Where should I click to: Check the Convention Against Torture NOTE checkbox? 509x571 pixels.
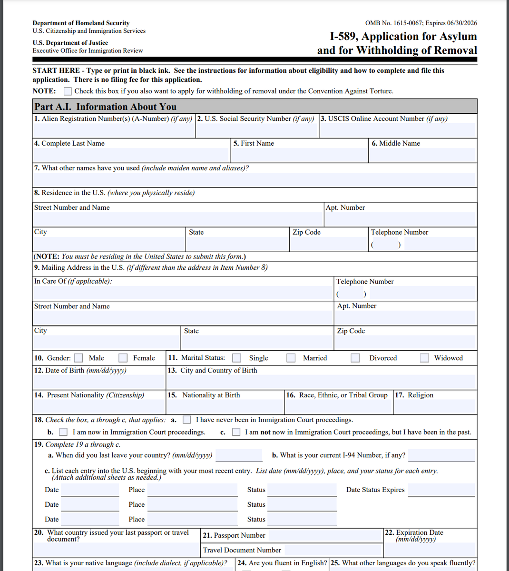(x=68, y=91)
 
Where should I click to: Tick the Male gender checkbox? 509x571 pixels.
(x=79, y=358)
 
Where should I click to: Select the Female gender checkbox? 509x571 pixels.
(x=123, y=358)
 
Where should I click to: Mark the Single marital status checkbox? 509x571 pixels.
(x=236, y=358)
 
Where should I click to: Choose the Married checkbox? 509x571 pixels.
(x=291, y=358)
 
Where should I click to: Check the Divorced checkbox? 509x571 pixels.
(x=355, y=358)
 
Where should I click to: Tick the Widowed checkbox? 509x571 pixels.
(x=425, y=358)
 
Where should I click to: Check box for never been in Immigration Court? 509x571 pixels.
(x=187, y=420)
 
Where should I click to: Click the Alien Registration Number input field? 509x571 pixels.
(x=114, y=130)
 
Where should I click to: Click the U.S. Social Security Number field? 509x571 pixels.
(x=257, y=130)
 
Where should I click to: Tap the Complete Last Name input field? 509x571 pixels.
(x=131, y=155)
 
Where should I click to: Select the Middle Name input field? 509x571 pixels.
(x=422, y=155)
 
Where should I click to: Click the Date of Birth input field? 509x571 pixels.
(x=99, y=382)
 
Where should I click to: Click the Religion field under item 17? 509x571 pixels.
(x=435, y=406)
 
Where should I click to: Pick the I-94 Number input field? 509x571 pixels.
(x=441, y=455)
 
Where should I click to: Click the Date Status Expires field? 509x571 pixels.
(x=441, y=490)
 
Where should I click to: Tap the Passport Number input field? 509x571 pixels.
(x=325, y=535)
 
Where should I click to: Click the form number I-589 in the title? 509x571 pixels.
(x=344, y=37)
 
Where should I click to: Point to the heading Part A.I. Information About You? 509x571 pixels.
(x=106, y=107)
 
